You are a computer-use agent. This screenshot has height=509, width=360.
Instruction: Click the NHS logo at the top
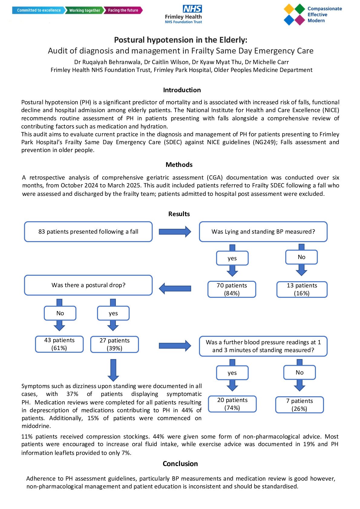pyautogui.click(x=192, y=9)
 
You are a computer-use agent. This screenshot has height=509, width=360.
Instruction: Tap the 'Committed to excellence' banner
pyautogui.click(x=38, y=10)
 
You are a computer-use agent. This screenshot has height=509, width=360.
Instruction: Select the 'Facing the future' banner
pyautogui.click(x=123, y=10)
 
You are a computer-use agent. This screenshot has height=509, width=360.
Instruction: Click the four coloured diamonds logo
pyautogui.click(x=294, y=15)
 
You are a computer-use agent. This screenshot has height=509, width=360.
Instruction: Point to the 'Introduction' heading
pyautogui.click(x=182, y=90)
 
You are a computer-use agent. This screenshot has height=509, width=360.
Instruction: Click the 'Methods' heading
pyautogui.click(x=179, y=165)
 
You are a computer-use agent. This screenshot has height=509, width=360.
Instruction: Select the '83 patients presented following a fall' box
pyautogui.click(x=88, y=232)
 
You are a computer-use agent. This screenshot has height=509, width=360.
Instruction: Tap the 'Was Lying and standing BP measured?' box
pyautogui.click(x=263, y=232)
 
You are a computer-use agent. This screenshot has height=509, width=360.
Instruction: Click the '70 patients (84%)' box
pyautogui.click(x=232, y=289)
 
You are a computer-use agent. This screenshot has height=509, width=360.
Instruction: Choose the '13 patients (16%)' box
pyautogui.click(x=302, y=289)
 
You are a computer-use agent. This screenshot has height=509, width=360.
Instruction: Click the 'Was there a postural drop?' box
pyautogui.click(x=88, y=285)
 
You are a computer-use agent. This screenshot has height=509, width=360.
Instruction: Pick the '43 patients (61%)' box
pyautogui.click(x=59, y=344)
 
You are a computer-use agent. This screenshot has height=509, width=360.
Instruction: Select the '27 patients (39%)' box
pyautogui.click(x=115, y=344)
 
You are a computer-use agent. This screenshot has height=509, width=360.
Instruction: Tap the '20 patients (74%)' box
pyautogui.click(x=232, y=404)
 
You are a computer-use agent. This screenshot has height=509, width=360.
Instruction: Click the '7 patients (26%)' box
pyautogui.click(x=299, y=405)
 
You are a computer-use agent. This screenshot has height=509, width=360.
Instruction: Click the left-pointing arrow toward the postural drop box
pyautogui.click(x=175, y=288)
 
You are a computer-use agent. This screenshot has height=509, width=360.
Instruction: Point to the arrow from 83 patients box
pyautogui.click(x=175, y=232)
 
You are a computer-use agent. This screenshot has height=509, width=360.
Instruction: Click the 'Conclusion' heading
pyautogui.click(x=180, y=464)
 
